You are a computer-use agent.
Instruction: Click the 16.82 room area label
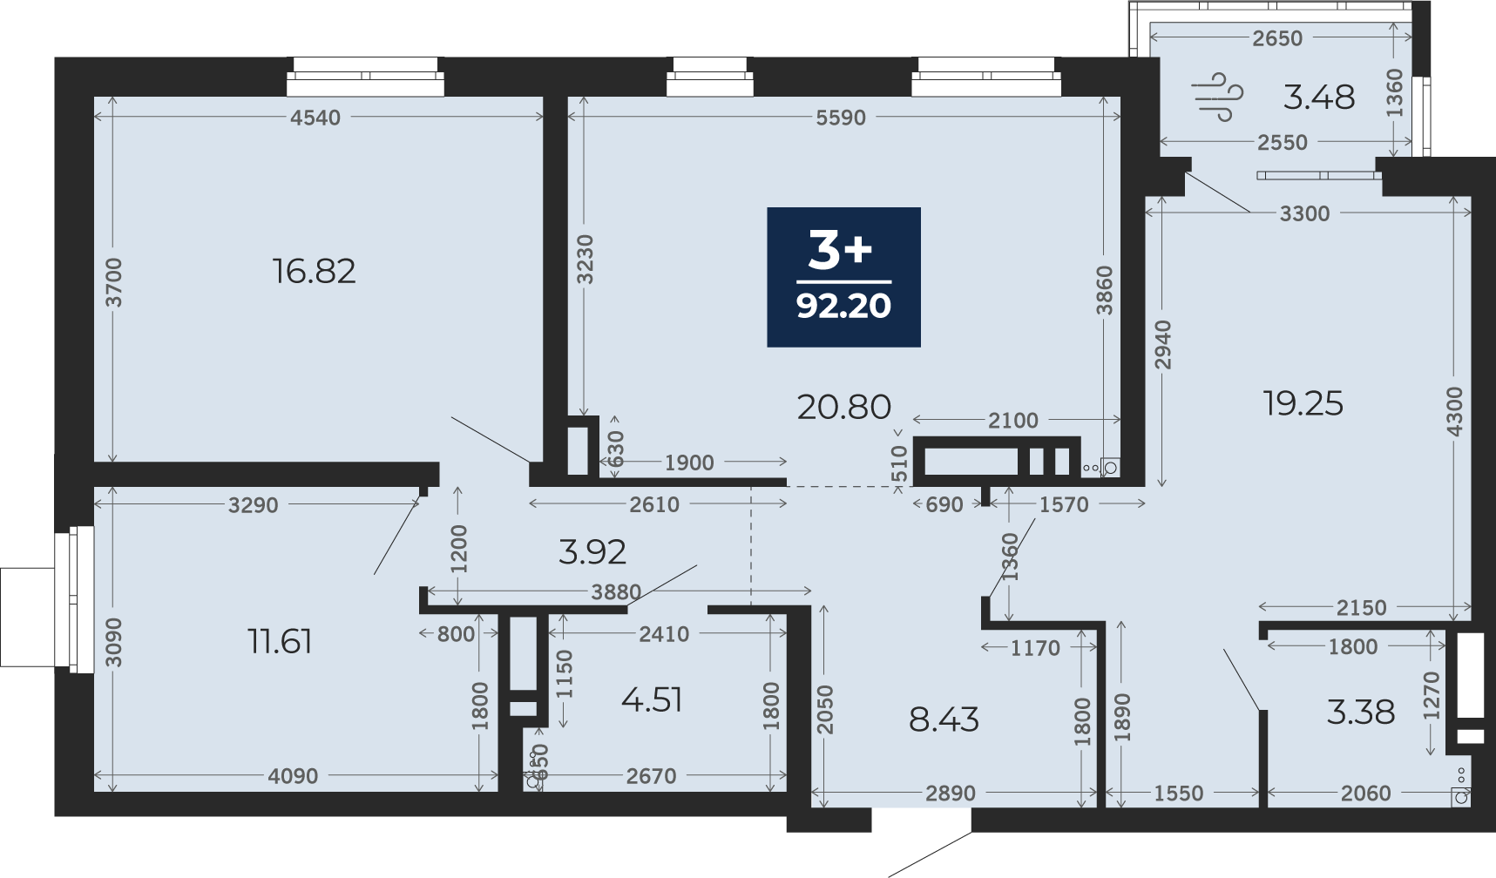click(x=314, y=271)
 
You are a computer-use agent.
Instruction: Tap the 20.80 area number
click(x=844, y=407)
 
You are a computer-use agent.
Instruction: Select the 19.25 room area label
click(x=1303, y=403)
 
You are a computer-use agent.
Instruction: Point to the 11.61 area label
click(x=280, y=642)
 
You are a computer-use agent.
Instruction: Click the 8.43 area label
click(x=944, y=719)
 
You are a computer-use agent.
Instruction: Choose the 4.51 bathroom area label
click(x=652, y=699)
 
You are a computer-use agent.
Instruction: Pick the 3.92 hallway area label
click(x=592, y=551)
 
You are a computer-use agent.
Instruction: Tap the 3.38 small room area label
click(x=1361, y=712)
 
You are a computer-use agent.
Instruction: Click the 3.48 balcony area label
click(x=1319, y=97)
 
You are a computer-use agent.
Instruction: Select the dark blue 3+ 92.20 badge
click(x=843, y=277)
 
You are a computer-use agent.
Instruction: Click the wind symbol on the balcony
click(x=1218, y=97)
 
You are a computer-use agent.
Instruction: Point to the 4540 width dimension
click(x=315, y=118)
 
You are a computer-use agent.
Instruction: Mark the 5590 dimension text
click(x=841, y=118)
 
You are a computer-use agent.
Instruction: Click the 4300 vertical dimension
click(x=1454, y=413)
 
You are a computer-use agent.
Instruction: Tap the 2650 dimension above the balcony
click(x=1277, y=38)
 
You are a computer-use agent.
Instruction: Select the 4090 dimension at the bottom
click(x=293, y=776)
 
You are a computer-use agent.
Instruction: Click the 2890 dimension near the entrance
click(x=951, y=794)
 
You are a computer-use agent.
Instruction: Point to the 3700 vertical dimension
click(x=113, y=283)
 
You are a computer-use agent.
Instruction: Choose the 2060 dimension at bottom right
click(x=1366, y=794)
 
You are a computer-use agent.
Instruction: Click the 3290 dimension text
click(x=254, y=505)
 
